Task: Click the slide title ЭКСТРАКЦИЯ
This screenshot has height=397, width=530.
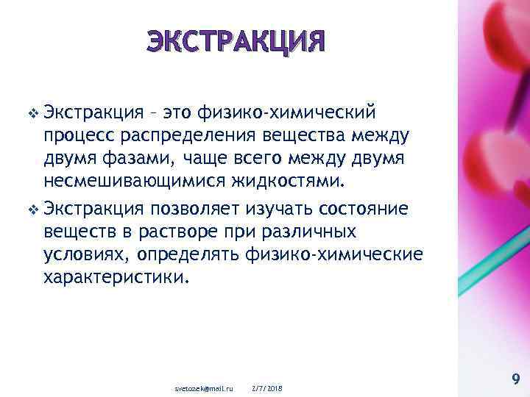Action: tap(234, 41)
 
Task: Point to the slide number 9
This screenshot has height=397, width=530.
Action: tap(515, 379)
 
